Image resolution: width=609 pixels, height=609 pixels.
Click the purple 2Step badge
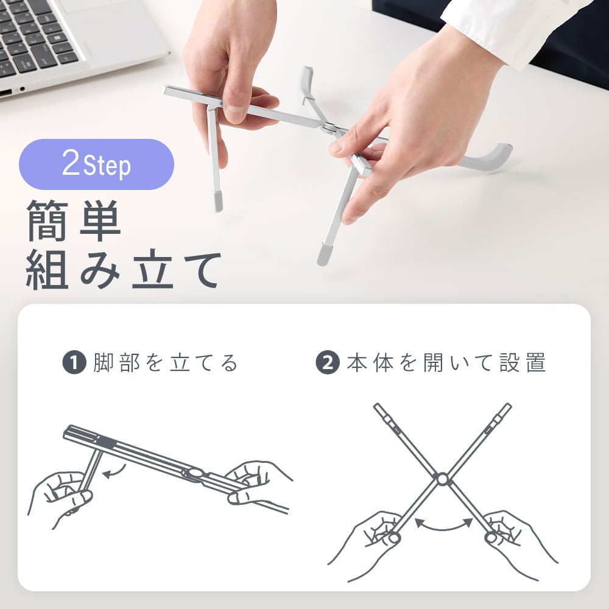(x=96, y=164)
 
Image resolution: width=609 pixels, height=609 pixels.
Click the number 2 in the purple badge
(x=71, y=164)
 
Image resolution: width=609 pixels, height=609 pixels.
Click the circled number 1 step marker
(x=73, y=364)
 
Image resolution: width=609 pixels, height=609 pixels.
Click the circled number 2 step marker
(x=327, y=364)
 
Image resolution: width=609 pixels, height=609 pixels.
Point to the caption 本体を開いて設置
(x=446, y=364)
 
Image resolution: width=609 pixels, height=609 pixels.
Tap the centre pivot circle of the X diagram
(x=442, y=480)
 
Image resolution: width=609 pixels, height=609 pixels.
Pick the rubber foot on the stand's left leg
(x=218, y=201)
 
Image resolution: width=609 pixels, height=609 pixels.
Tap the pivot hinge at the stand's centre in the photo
(x=329, y=127)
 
